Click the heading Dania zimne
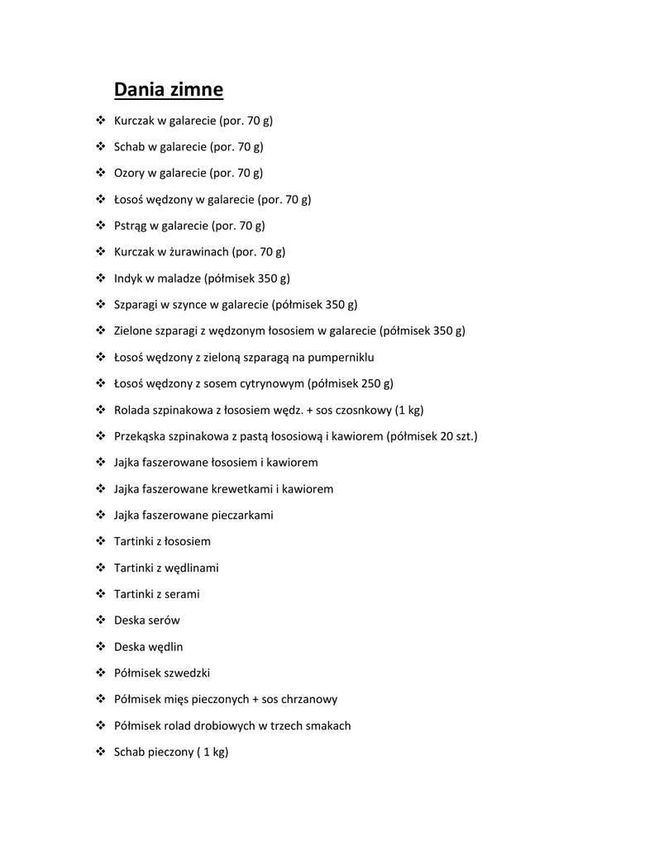point(169,88)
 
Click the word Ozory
point(129,173)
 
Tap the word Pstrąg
point(130,226)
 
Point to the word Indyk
point(128,278)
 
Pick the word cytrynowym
point(268,383)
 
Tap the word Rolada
point(131,410)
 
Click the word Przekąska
point(141,436)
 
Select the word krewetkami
point(246,489)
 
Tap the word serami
point(182,594)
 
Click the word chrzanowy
point(310,700)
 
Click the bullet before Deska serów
point(101,620)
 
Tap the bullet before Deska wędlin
point(101,646)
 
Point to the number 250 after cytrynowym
point(363,383)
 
